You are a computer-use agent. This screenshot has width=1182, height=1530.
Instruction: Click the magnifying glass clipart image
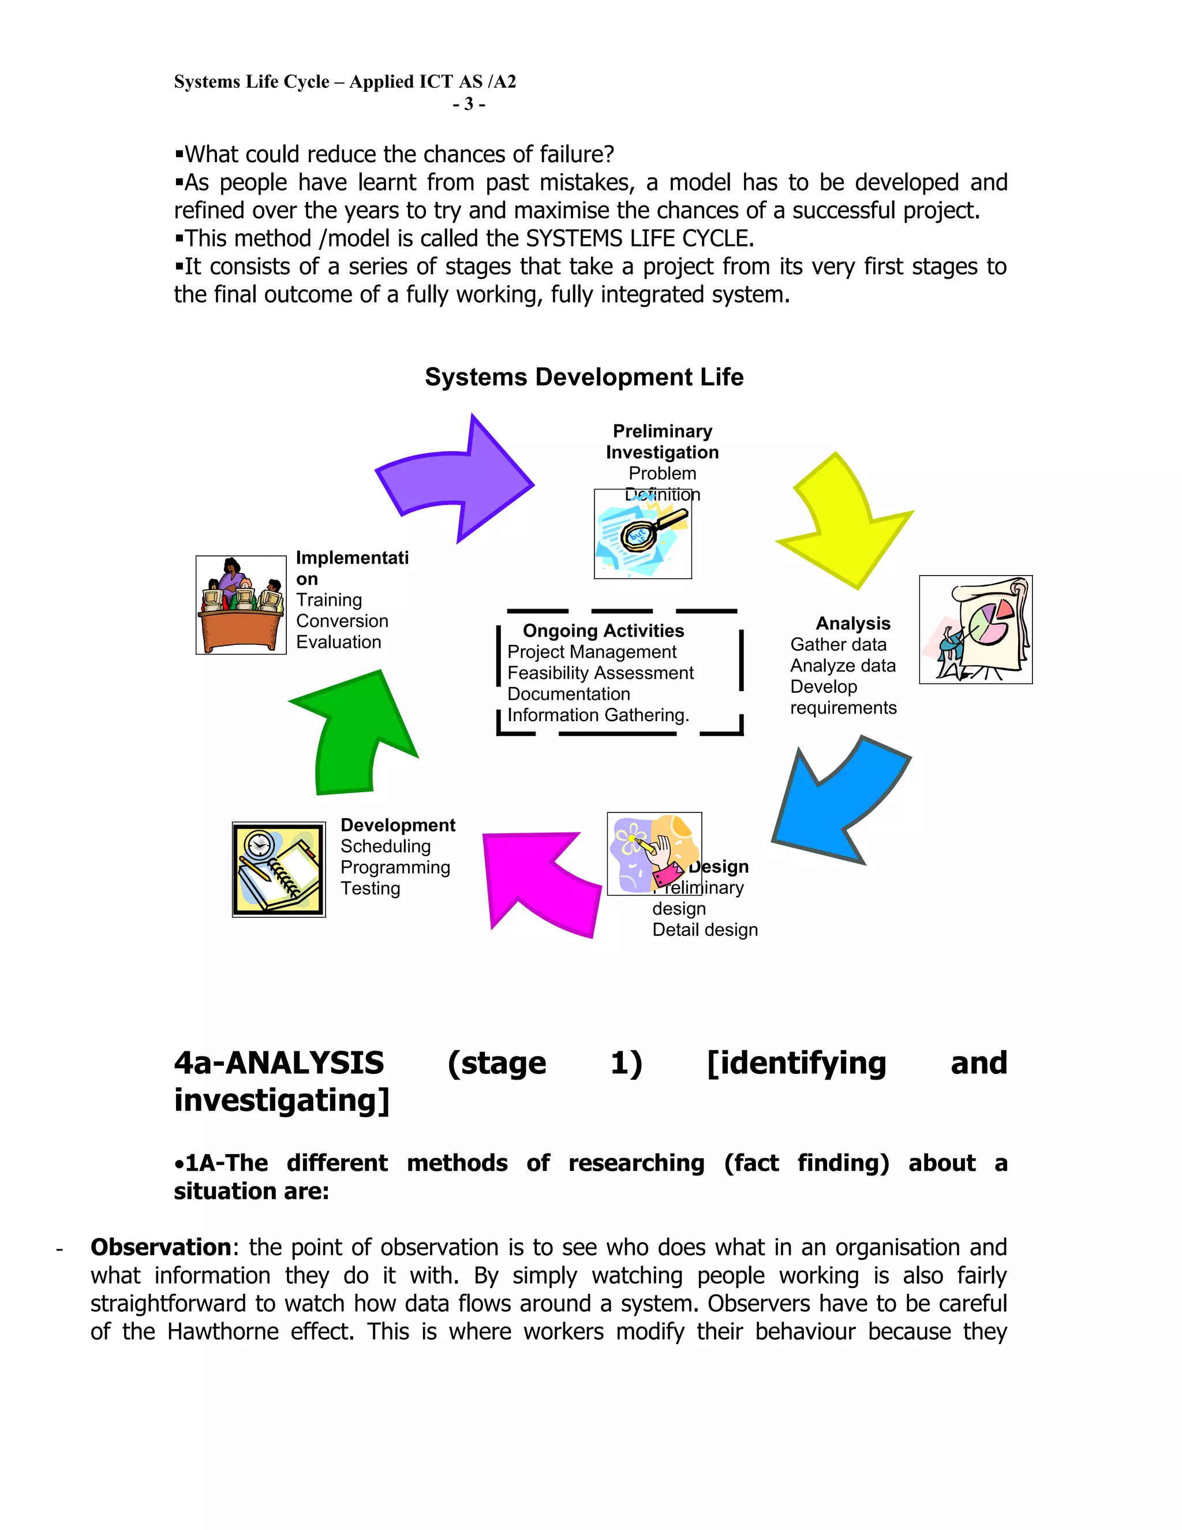click(643, 535)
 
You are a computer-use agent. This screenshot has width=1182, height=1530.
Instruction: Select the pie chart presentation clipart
click(975, 629)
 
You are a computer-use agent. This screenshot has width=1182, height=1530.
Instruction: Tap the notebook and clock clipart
click(279, 870)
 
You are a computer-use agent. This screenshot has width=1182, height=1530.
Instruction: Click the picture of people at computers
click(241, 604)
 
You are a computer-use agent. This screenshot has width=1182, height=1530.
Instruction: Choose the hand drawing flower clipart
click(654, 853)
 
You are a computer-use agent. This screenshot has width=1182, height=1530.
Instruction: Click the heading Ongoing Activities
click(603, 630)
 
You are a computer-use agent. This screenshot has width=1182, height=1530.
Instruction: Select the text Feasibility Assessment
click(600, 673)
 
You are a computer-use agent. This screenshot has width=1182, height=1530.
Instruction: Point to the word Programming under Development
click(395, 867)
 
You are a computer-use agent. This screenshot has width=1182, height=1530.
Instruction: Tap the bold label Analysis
click(852, 624)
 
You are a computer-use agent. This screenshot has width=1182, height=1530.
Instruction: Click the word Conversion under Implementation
click(342, 621)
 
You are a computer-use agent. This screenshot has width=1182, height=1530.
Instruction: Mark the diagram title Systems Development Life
click(584, 377)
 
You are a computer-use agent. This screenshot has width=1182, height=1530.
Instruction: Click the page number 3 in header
click(469, 104)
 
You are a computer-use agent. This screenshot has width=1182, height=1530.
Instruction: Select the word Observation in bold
click(160, 1247)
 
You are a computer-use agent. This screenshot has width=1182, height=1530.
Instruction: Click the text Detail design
click(705, 930)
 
